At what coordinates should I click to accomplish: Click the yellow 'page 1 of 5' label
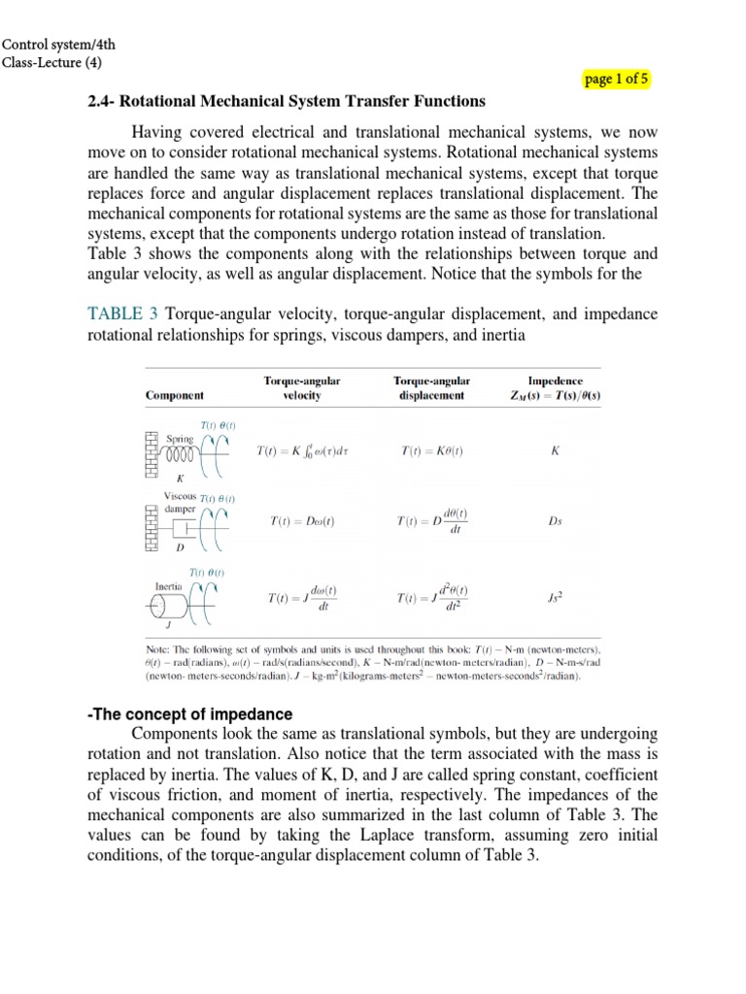pyautogui.click(x=617, y=80)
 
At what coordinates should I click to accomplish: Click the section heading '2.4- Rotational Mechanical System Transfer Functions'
pyautogui.click(x=286, y=101)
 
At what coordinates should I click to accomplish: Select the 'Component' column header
pyautogui.click(x=175, y=396)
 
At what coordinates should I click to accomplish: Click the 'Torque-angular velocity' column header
pyautogui.click(x=302, y=388)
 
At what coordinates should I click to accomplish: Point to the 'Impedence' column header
pyautogui.click(x=555, y=388)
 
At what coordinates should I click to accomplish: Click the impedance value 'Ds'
pyautogui.click(x=555, y=521)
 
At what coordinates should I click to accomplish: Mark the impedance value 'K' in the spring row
pyautogui.click(x=555, y=451)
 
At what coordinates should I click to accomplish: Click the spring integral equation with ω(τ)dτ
pyautogui.click(x=302, y=451)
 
